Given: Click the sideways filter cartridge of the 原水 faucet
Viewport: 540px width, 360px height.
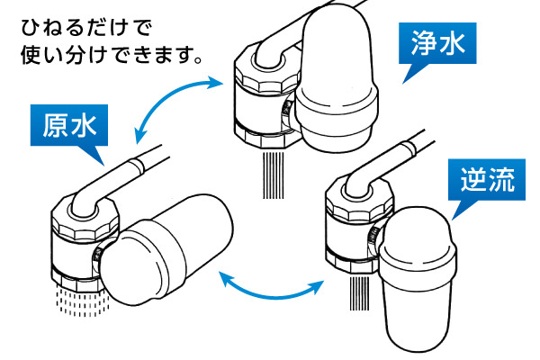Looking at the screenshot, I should tap(167, 249).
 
